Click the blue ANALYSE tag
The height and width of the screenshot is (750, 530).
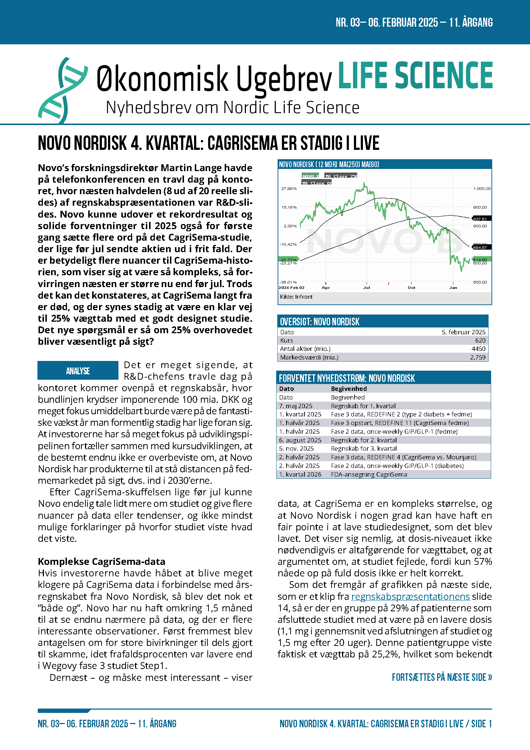(x=78, y=371)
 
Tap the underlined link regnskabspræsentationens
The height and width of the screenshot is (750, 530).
(x=410, y=597)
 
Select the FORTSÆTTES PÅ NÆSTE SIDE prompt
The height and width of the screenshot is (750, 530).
(x=442, y=678)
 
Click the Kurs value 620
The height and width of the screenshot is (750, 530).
(x=480, y=340)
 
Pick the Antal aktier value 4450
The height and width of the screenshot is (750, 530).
(x=478, y=349)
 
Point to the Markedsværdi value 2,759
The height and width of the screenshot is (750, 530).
(x=477, y=357)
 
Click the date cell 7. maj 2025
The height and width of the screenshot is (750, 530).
(x=296, y=406)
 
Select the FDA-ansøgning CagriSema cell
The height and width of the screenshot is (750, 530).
(x=369, y=474)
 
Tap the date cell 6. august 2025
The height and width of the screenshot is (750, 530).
(x=300, y=440)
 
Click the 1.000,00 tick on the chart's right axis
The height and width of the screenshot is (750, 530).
(x=482, y=188)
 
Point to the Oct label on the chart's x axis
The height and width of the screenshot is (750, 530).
(x=411, y=287)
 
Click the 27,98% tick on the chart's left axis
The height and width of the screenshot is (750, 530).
(x=289, y=188)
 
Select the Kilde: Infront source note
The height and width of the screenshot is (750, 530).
(x=296, y=297)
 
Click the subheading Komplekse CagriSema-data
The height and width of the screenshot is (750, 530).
(x=102, y=561)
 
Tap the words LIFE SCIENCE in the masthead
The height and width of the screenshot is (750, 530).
(x=415, y=75)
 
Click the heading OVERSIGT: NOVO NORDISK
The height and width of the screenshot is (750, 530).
(x=319, y=322)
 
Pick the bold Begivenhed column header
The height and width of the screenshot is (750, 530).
(x=349, y=389)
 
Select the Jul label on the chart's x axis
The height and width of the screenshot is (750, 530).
(x=367, y=287)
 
